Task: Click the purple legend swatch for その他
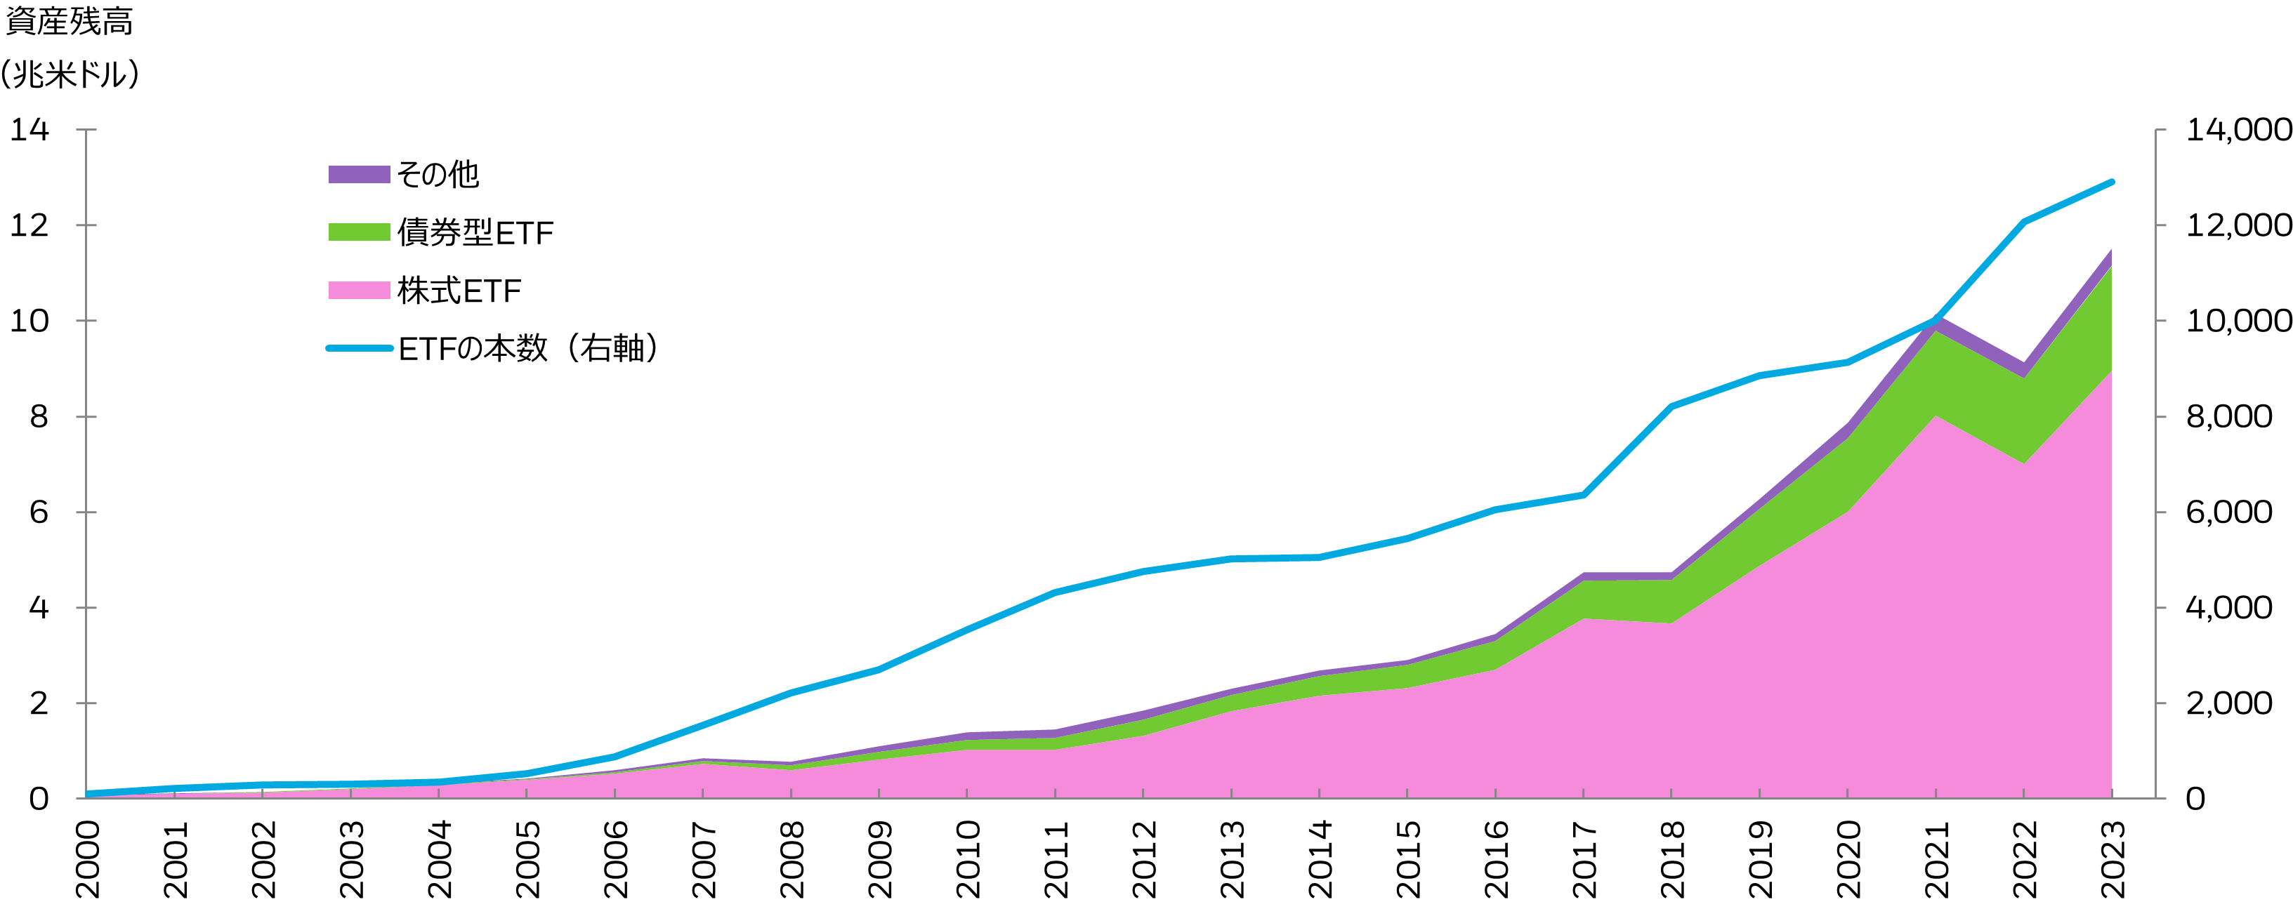pos(359,174)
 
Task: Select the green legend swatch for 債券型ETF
pos(359,232)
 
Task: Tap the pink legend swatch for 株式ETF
pos(359,290)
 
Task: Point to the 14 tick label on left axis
pos(29,130)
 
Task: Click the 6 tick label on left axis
pos(39,512)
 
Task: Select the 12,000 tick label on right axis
pos(2238,225)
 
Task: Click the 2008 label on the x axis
pos(791,859)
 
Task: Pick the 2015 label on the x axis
pos(1407,859)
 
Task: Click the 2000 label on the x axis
pos(87,859)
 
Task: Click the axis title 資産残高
pos(70,21)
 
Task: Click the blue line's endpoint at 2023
pos(2111,182)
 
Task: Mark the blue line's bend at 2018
pos(1671,406)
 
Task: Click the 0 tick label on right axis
pos(2196,799)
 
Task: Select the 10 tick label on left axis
pos(29,321)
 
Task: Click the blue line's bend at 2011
pos(1055,592)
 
